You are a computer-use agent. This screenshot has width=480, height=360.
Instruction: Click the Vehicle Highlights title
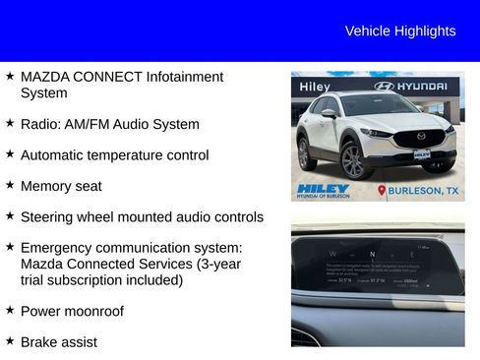click(x=400, y=31)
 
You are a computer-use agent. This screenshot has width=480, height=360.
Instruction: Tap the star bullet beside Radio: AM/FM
click(x=10, y=124)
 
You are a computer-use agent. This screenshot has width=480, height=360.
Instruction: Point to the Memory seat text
click(x=61, y=186)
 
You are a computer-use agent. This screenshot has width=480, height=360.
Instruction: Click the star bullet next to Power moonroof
click(x=10, y=311)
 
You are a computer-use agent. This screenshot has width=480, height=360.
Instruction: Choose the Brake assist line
click(x=59, y=341)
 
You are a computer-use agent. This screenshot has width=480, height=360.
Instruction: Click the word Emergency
click(x=61, y=248)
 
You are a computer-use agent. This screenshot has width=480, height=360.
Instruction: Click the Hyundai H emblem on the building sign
click(x=385, y=87)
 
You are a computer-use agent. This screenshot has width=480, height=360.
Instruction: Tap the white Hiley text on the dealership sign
click(x=316, y=87)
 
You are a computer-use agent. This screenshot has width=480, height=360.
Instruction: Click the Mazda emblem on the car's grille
click(x=421, y=137)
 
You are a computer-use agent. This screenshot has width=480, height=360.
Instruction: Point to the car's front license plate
click(x=421, y=154)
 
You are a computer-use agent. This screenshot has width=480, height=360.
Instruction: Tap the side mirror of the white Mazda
click(x=330, y=114)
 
